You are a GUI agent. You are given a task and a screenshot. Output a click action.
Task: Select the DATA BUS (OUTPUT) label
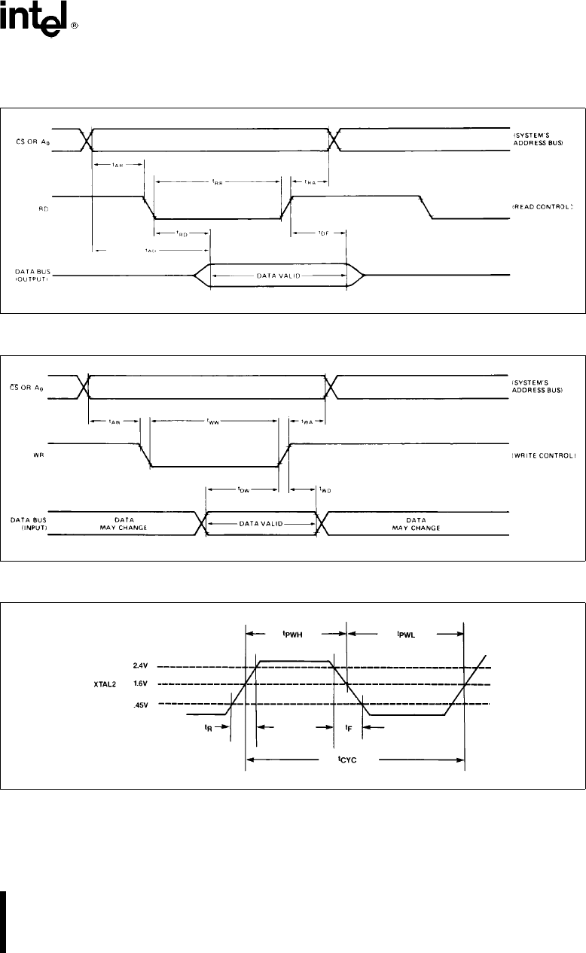click(x=32, y=274)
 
